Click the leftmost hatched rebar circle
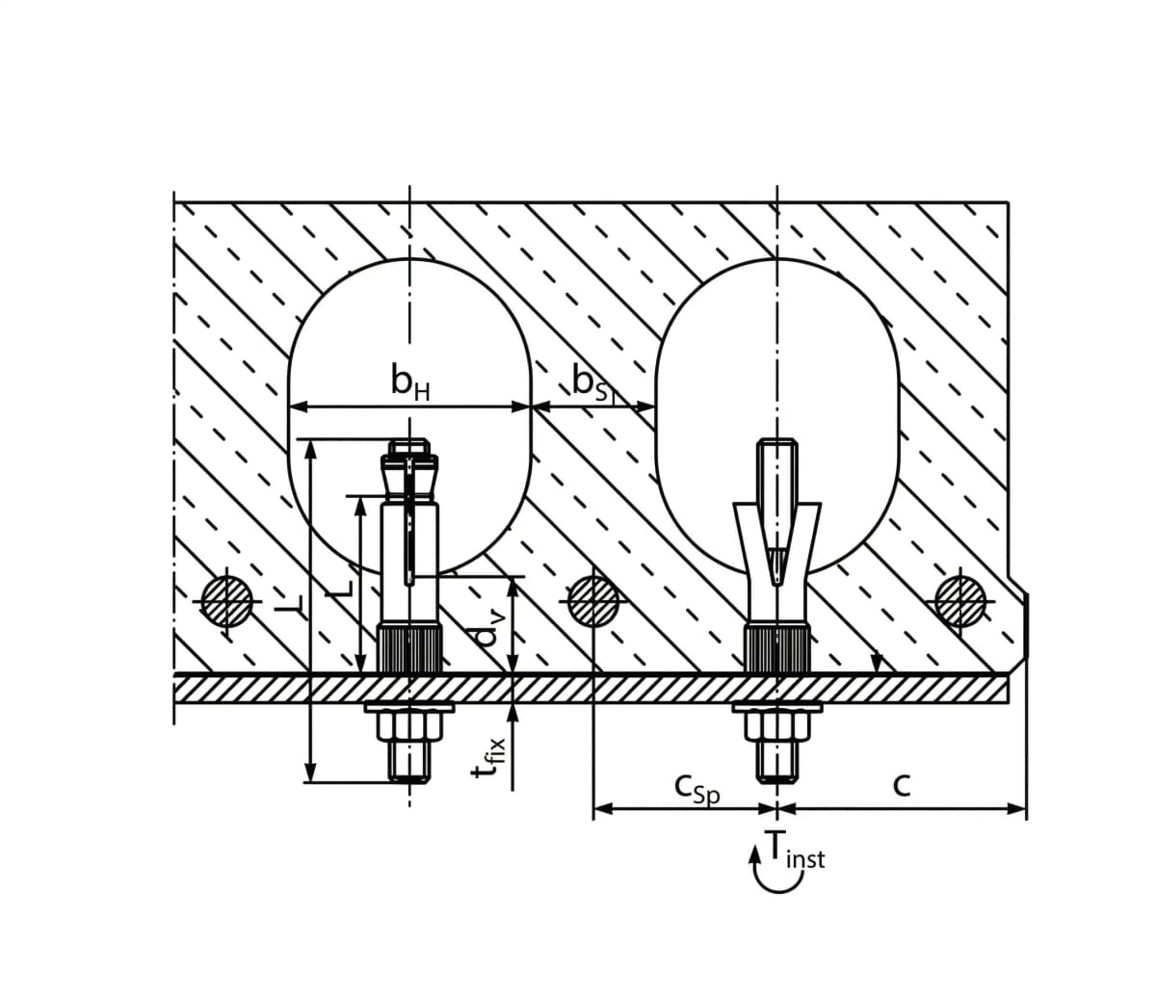click(224, 601)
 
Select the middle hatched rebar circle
click(592, 601)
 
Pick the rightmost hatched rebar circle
click(960, 601)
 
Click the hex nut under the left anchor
click(409, 727)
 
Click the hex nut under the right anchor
click(776, 727)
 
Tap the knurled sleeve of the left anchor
click(409, 648)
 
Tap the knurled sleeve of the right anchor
click(776, 648)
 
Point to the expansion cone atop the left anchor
click(409, 472)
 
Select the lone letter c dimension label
click(901, 785)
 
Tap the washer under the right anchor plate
click(776, 708)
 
